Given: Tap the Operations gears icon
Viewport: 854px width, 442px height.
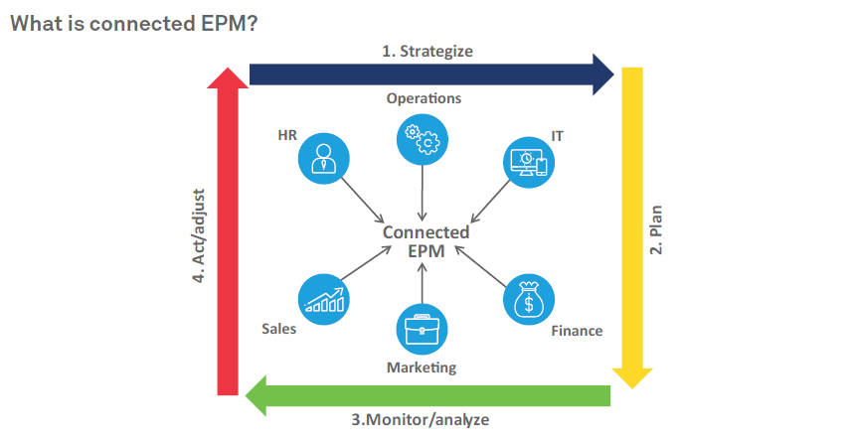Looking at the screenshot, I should tap(423, 140).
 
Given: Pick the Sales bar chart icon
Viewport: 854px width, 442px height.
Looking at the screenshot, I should tap(324, 298).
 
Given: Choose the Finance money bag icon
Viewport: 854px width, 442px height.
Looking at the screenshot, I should tap(528, 298).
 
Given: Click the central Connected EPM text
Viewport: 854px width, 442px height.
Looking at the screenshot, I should tap(426, 240).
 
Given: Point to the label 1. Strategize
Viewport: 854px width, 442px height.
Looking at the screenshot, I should tap(427, 51).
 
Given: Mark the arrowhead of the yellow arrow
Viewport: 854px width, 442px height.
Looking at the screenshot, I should tap(631, 375).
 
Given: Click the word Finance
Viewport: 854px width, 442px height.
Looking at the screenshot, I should tap(577, 330).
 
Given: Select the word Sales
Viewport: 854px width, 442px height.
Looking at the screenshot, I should tap(279, 329).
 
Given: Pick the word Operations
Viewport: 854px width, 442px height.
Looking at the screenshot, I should tap(424, 98).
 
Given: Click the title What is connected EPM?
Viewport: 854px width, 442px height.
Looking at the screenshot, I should tap(134, 23).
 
